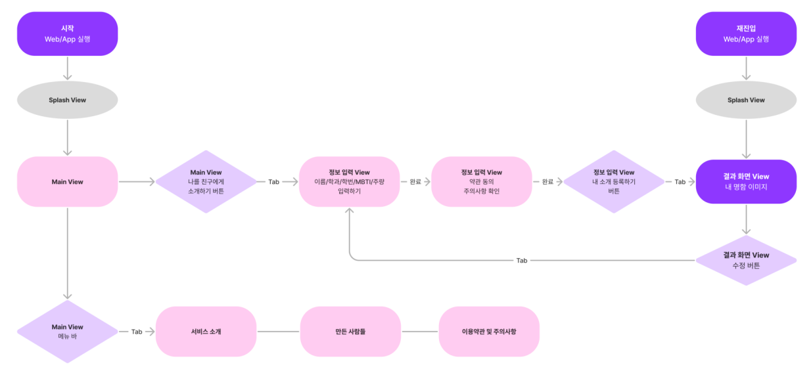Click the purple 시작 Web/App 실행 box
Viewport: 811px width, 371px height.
(67, 33)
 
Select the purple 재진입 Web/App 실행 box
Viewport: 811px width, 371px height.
(746, 33)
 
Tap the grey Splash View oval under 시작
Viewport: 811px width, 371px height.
(67, 100)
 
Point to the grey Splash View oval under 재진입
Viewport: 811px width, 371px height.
(746, 100)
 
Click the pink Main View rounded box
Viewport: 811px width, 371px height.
(67, 181)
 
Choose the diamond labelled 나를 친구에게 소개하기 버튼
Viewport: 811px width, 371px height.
(206, 181)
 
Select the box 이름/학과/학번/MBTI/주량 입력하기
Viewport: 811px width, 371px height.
(349, 181)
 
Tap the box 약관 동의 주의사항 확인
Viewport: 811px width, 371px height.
(481, 181)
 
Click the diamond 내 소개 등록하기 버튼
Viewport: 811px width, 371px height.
(613, 181)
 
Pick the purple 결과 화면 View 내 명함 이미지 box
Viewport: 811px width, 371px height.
(746, 181)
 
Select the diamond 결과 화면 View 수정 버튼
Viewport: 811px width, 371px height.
(746, 260)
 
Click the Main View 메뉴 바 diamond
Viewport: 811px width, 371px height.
(67, 332)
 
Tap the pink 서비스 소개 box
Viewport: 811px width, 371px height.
(206, 332)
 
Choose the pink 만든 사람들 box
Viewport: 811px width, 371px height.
(350, 332)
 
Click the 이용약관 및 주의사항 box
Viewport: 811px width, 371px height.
(489, 332)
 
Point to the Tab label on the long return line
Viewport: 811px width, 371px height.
(521, 261)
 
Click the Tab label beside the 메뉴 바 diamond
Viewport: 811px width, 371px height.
(137, 332)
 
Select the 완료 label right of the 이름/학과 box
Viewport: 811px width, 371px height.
(415, 182)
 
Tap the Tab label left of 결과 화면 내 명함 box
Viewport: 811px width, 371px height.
(680, 182)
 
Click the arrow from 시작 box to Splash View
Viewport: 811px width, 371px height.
(67, 68)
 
